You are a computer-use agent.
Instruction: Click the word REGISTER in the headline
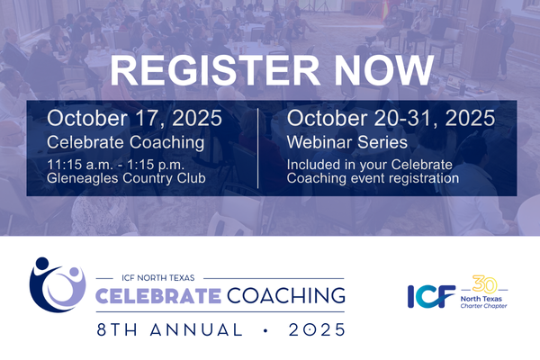tap(214, 70)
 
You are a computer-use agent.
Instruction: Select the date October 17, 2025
tap(134, 118)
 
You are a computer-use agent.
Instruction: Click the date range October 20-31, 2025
tap(391, 118)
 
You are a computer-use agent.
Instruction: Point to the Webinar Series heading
tap(347, 142)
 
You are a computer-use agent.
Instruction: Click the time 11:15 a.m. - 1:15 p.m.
tap(115, 165)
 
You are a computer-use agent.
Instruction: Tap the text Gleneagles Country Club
tap(126, 178)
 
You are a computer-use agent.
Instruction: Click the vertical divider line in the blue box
tap(257, 148)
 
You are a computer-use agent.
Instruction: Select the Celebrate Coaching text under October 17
tap(125, 142)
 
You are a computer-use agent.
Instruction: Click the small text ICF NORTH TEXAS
tap(158, 278)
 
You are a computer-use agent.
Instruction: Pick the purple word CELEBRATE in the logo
tap(158, 296)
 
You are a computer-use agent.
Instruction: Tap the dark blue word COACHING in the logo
tap(285, 295)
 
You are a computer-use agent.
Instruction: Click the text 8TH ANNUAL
tap(169, 329)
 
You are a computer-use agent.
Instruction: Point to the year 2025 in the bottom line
tap(317, 329)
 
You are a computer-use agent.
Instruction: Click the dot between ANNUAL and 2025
tap(265, 330)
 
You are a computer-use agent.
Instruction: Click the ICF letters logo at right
tap(431, 296)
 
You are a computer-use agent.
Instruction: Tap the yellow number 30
tap(484, 284)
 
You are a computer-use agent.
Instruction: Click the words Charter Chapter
tap(483, 306)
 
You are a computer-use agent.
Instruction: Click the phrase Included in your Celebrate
tap(370, 165)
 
